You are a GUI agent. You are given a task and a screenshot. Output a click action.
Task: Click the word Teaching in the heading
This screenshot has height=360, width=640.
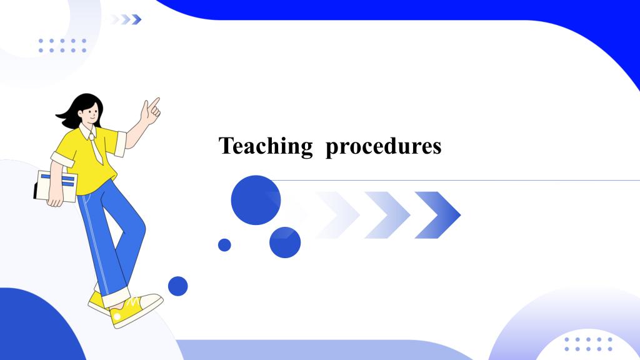[x=266, y=146]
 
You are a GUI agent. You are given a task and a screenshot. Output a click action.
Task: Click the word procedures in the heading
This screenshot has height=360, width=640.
[x=384, y=146]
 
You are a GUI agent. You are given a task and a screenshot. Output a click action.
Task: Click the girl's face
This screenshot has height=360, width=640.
[x=91, y=114]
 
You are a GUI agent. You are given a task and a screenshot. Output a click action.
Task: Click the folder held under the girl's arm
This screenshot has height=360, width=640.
[x=56, y=186]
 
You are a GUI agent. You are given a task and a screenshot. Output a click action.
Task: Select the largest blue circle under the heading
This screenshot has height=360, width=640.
[x=256, y=200]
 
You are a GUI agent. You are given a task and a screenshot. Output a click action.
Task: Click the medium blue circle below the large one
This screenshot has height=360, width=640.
[x=285, y=242]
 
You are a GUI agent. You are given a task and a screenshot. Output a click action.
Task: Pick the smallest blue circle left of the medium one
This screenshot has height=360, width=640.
[x=224, y=245]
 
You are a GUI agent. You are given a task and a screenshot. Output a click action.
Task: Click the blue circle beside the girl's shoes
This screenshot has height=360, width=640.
[x=178, y=286]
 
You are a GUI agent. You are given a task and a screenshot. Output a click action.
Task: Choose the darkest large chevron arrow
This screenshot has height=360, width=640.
[x=437, y=215]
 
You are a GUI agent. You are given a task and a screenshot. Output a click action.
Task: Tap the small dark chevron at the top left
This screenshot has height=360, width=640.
[x=137, y=19]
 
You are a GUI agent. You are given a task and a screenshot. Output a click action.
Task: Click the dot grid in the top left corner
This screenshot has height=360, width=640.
[x=62, y=46]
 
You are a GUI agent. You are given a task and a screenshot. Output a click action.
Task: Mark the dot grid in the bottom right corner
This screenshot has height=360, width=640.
[x=588, y=344]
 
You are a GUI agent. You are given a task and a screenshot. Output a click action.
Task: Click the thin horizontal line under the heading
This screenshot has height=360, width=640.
[x=455, y=180]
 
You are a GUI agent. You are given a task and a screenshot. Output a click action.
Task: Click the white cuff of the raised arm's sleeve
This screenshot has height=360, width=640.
[x=121, y=144]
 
